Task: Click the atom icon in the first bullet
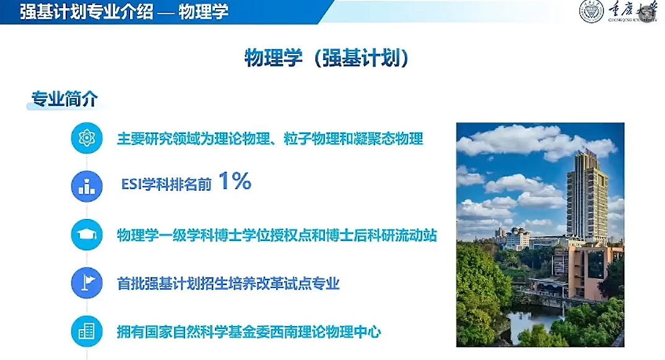(87, 138)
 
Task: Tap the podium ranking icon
(87, 187)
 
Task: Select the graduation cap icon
(87, 235)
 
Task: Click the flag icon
(87, 283)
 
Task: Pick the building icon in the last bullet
(87, 331)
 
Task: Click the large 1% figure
(235, 182)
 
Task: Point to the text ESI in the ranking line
(131, 184)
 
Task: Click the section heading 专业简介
(64, 99)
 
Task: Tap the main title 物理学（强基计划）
(327, 58)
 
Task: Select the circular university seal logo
(592, 11)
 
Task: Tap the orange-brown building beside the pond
(588, 271)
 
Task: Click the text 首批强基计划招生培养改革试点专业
(228, 283)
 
